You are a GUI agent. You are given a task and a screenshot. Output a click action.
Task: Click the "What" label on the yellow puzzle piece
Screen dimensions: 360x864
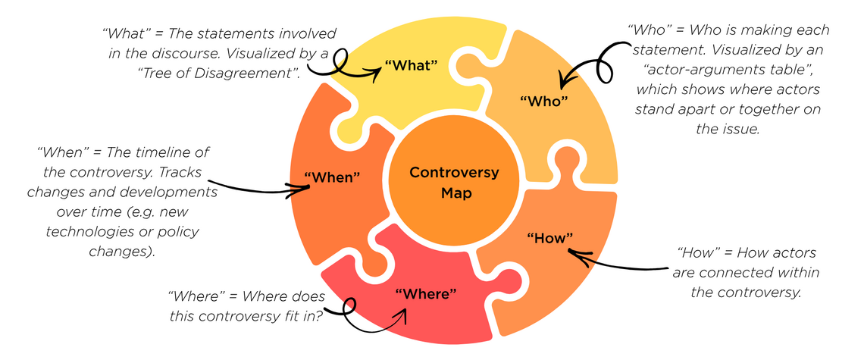tap(412, 65)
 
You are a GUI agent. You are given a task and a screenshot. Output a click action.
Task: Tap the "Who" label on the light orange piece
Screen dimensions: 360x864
tap(543, 101)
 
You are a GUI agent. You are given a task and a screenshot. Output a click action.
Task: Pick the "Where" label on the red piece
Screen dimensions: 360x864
tap(425, 293)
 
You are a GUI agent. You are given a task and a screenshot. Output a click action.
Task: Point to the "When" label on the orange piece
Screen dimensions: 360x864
tap(331, 177)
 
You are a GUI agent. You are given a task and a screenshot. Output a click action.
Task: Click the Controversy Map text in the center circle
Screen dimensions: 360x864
tap(454, 183)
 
